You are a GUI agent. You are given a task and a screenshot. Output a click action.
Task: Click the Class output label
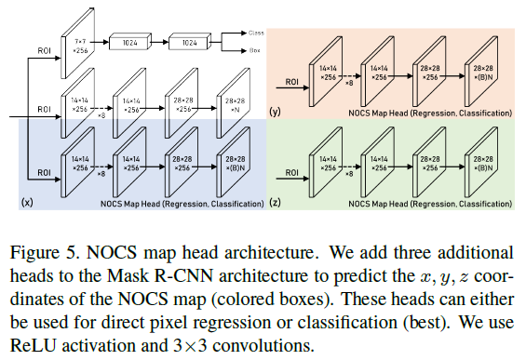tap(256, 33)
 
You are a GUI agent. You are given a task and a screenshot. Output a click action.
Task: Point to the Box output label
tap(254, 51)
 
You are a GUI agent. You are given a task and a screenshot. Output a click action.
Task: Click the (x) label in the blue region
tap(28, 200)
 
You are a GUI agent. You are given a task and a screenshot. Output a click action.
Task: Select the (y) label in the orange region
tap(276, 112)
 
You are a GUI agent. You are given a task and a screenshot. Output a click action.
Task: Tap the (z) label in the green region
tap(276, 200)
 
